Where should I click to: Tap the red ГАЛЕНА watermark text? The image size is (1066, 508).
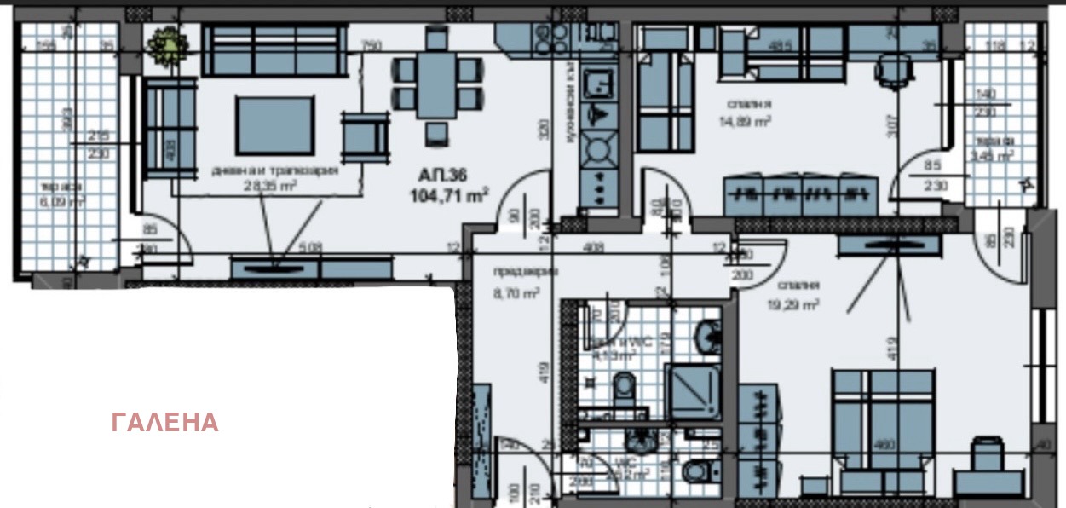(x=164, y=423)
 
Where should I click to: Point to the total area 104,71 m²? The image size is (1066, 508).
(x=452, y=194)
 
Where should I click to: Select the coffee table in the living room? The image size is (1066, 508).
(x=274, y=125)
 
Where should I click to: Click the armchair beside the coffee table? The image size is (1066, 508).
(x=364, y=136)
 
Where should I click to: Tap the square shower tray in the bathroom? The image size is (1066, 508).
(x=694, y=392)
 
